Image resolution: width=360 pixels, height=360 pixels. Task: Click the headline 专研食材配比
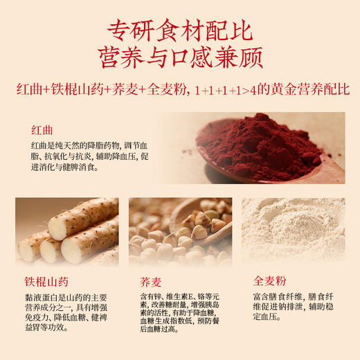click(x=179, y=30)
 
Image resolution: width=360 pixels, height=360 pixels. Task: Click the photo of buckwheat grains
click(x=179, y=232)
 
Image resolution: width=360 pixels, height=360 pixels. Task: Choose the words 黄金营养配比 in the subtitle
click(x=318, y=91)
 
